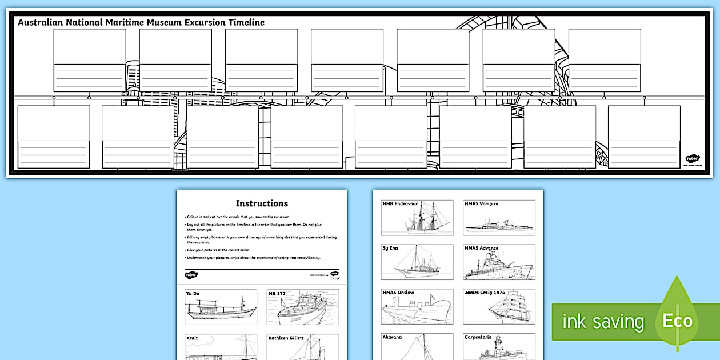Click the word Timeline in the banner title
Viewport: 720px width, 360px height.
click(246, 23)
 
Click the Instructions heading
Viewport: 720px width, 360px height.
click(262, 203)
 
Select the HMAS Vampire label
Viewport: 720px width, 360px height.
click(481, 204)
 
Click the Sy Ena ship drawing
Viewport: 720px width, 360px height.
click(418, 266)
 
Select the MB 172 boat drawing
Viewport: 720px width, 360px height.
click(303, 311)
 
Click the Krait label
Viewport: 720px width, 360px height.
click(192, 338)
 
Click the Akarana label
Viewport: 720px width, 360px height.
click(392, 337)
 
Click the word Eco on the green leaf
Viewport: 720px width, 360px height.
click(677, 321)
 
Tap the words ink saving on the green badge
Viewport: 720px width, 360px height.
click(602, 322)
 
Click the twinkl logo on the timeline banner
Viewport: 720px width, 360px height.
click(693, 158)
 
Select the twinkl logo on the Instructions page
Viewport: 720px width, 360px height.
click(191, 275)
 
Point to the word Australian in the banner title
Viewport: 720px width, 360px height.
click(39, 23)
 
